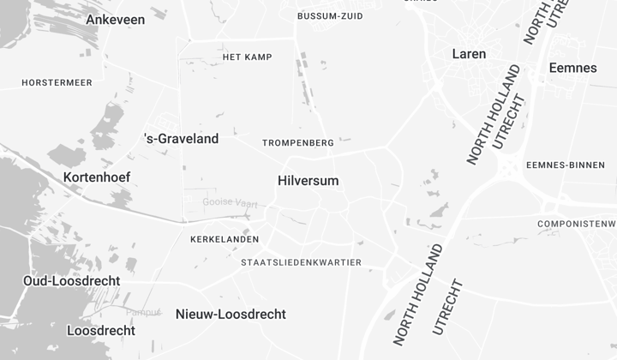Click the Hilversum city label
[308, 181]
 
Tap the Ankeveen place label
[116, 19]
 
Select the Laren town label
[469, 54]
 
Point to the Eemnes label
[572, 68]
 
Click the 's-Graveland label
[181, 138]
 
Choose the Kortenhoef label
[97, 177]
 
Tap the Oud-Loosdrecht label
[72, 281]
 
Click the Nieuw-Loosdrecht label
[231, 315]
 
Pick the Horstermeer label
[56, 82]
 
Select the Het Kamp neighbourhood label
[247, 57]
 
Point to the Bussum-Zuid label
[329, 16]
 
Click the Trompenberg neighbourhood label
[297, 142]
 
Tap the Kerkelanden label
[224, 239]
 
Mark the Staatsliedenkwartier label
[302, 262]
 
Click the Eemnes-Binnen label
[571, 165]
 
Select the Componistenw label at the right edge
[576, 224]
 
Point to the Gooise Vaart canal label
[230, 202]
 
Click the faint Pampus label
[143, 312]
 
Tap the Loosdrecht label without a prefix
[101, 331]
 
